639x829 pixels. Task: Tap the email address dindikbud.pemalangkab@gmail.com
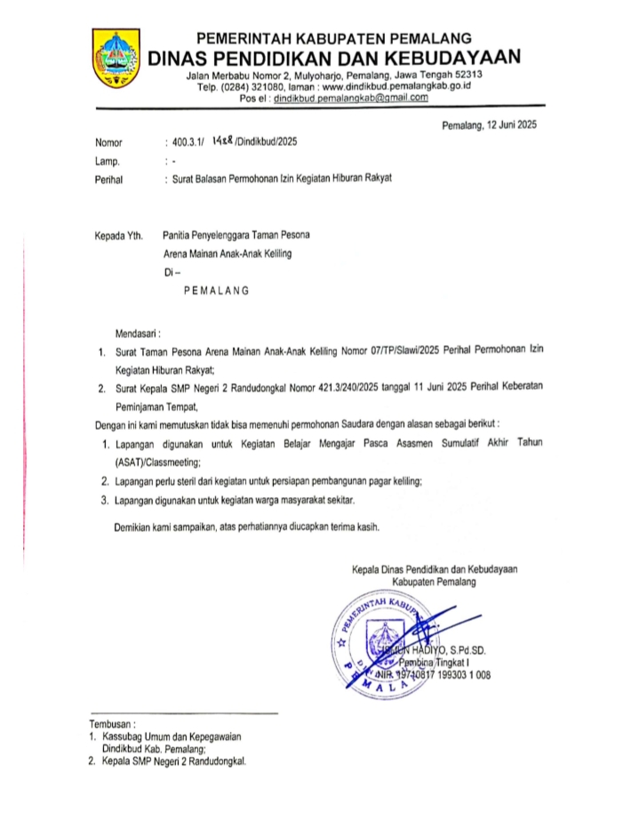pos(351,99)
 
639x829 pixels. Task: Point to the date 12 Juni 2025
pos(506,125)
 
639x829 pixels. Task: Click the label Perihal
pos(108,179)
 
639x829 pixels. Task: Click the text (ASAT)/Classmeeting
pos(158,463)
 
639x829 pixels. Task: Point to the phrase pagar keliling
pos(388,481)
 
